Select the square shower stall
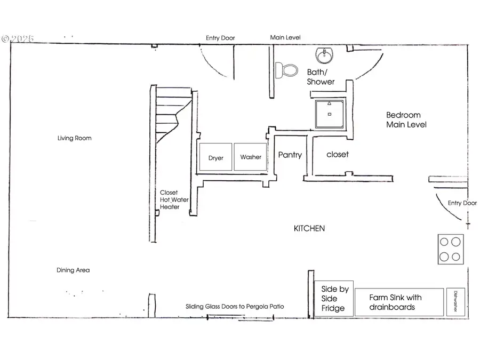330,114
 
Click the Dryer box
215,157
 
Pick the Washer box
251,157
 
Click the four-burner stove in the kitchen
450,249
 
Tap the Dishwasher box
455,302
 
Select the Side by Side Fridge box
334,299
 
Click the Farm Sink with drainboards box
399,302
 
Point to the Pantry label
290,155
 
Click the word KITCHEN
309,228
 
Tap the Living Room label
74,138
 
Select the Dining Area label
73,270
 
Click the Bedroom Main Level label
406,119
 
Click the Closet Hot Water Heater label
170,199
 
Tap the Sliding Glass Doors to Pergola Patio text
235,307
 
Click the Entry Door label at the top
220,38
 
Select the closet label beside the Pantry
337,154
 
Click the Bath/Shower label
321,77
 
